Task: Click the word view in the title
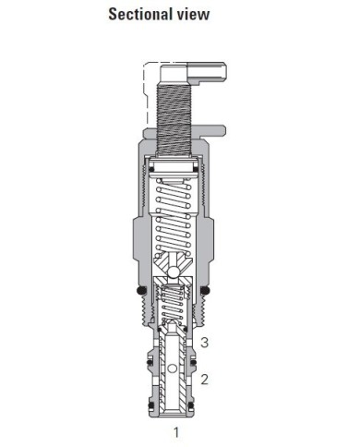tap(195, 14)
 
